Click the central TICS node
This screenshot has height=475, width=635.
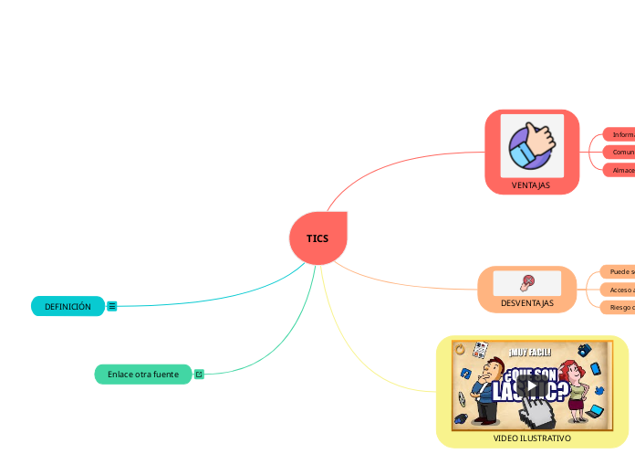(317, 238)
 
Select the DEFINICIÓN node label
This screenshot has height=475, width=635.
(68, 307)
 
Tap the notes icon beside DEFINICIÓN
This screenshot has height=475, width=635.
(112, 307)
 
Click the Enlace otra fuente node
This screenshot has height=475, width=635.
(143, 375)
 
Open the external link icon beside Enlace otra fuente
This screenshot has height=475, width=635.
(199, 375)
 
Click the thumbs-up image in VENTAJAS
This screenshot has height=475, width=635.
(532, 146)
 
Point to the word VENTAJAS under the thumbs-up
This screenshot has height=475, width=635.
(531, 185)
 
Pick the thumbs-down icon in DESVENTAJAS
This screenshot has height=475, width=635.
(527, 282)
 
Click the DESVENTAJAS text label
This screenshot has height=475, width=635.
(527, 302)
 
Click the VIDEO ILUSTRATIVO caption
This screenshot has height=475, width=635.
(532, 438)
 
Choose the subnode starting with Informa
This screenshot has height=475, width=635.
(619, 134)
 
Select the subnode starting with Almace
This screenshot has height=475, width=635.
(619, 170)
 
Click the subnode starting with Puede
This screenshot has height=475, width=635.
(618, 271)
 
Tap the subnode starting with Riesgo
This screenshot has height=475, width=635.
(618, 307)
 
